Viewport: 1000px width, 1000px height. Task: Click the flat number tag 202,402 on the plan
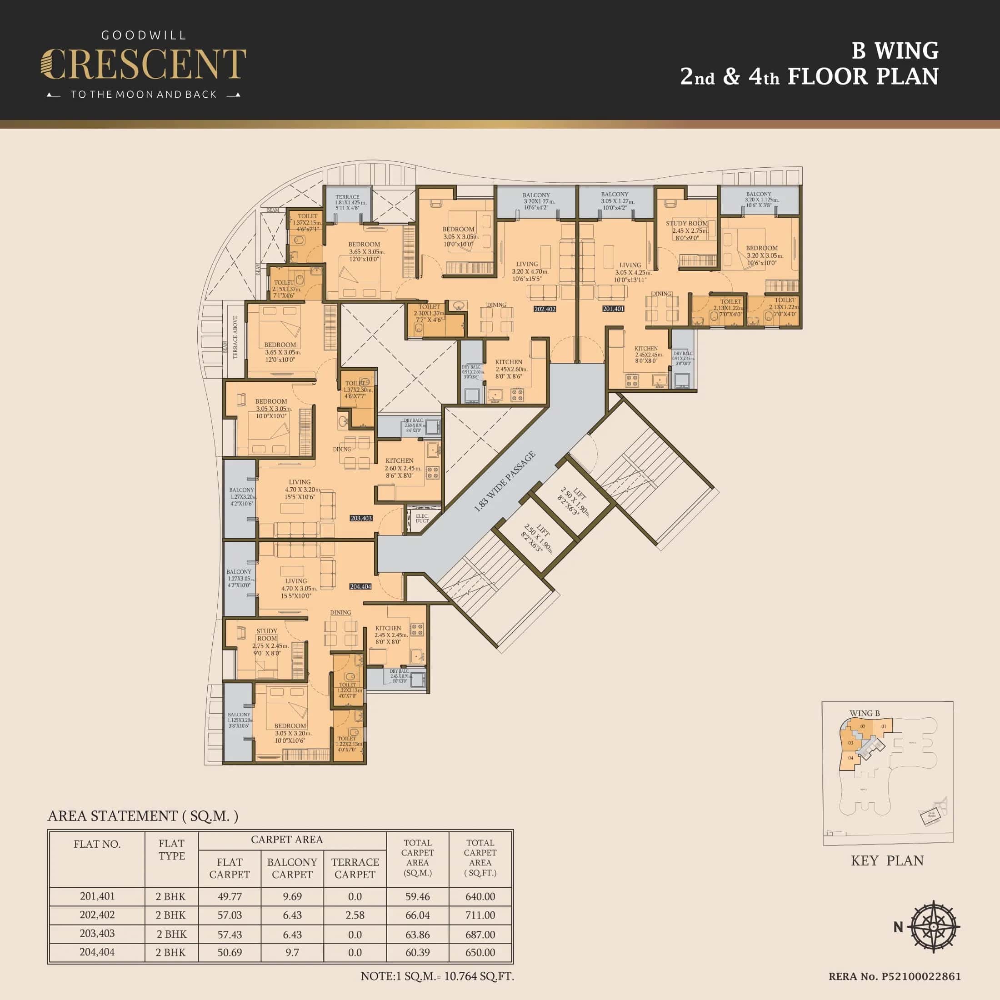[x=545, y=309]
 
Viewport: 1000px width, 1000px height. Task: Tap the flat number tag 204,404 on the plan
[x=360, y=586]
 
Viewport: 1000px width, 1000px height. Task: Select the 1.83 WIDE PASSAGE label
[x=505, y=482]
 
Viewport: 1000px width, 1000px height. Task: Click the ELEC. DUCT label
[x=422, y=518]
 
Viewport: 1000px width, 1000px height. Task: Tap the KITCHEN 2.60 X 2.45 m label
[x=400, y=468]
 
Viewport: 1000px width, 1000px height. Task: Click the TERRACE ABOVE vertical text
[x=235, y=337]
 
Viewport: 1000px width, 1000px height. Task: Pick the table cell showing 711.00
[x=480, y=915]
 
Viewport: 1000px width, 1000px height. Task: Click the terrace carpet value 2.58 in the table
[x=355, y=915]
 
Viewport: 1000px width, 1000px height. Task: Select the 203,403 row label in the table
[x=97, y=934]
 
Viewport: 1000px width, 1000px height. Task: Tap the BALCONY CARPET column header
[x=292, y=868]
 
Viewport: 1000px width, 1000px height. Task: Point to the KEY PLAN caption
[x=887, y=860]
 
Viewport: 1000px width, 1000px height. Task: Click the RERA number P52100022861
[x=895, y=976]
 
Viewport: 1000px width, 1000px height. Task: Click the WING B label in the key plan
[x=865, y=713]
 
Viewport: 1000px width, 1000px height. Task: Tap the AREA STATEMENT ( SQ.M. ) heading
[x=143, y=816]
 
